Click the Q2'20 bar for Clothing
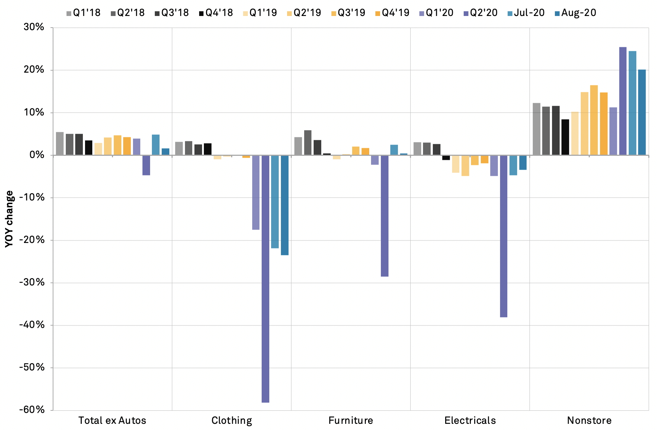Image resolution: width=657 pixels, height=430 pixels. tap(265, 279)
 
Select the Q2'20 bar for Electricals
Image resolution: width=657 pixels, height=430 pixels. tap(504, 236)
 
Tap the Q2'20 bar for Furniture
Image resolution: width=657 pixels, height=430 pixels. tap(384, 216)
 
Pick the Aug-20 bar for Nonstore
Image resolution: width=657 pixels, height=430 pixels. tap(642, 112)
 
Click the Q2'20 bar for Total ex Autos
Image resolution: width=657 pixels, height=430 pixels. tap(146, 165)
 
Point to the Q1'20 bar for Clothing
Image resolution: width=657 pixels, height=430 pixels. tap(256, 192)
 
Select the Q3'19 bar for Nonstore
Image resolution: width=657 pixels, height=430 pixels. tap(594, 120)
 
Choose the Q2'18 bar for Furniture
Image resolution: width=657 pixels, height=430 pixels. tap(308, 143)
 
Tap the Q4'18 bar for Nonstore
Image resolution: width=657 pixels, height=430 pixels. tap(565, 137)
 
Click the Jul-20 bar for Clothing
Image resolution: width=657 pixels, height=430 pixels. tap(275, 202)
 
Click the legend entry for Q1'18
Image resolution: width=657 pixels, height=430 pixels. tap(83, 13)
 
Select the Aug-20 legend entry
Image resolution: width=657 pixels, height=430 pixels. tap(575, 13)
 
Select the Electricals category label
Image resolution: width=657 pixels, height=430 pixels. tap(470, 421)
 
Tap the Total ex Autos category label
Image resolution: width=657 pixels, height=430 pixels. tap(112, 421)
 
